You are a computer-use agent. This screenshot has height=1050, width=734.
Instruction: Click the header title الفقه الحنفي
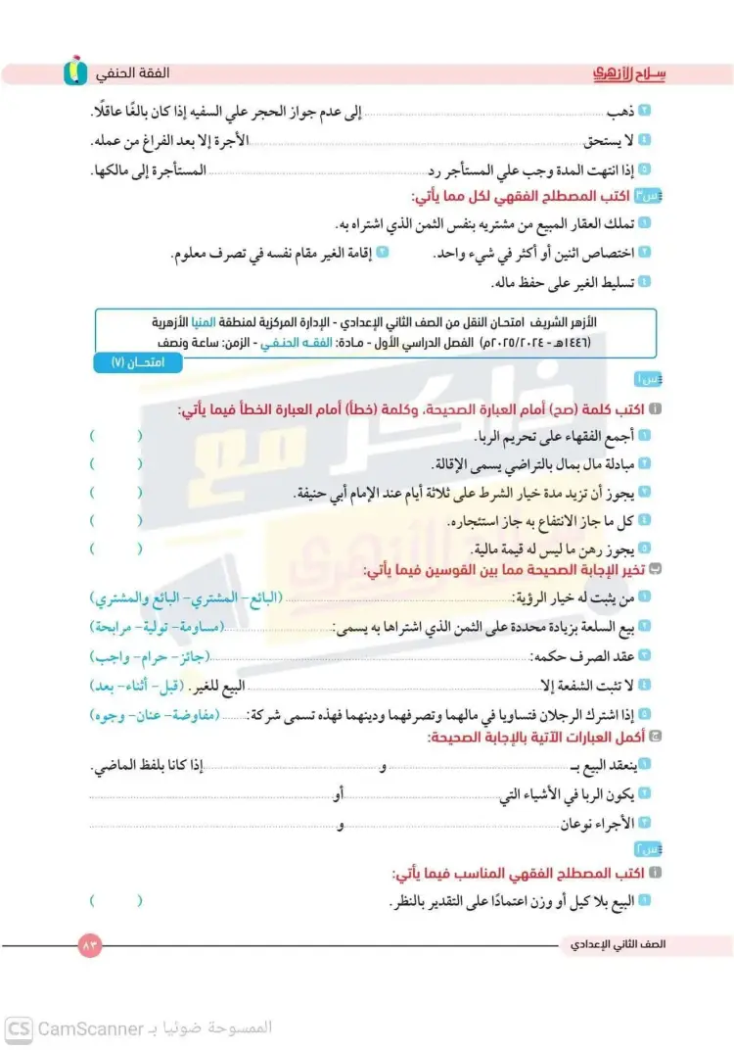tap(134, 74)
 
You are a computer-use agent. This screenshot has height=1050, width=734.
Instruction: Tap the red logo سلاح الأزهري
tap(630, 73)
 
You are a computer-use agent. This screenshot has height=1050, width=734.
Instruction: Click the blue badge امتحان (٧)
tap(131, 363)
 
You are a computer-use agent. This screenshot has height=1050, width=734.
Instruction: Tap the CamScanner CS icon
tap(20, 1027)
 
